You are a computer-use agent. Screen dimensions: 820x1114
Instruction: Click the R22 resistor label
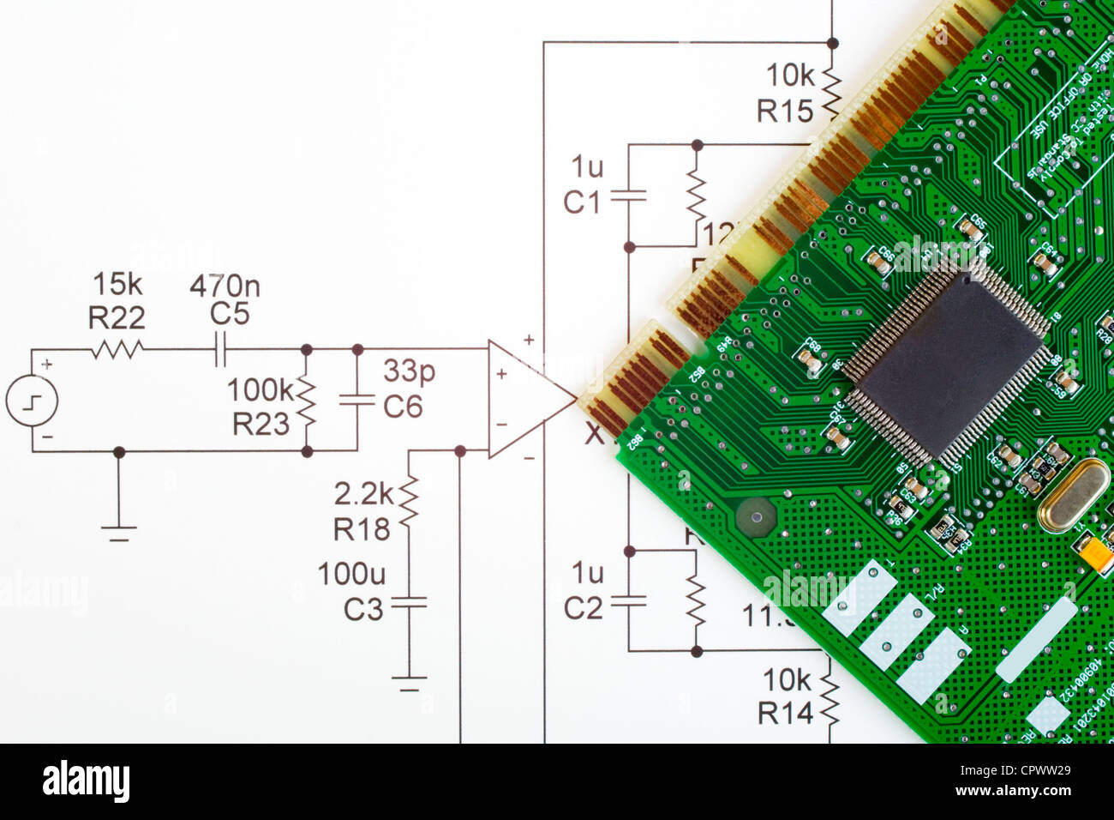coord(117,318)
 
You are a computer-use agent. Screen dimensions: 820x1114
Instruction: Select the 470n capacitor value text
coord(225,286)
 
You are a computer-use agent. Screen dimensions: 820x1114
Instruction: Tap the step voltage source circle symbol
coord(32,401)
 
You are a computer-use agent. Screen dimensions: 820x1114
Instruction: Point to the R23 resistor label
coord(261,424)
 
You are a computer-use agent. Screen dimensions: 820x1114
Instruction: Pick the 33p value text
coord(409,371)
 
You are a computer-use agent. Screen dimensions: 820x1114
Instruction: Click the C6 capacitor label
coord(403,407)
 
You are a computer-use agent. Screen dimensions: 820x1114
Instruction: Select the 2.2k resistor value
coord(363,494)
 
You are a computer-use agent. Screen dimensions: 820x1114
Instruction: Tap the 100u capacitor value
coord(351,574)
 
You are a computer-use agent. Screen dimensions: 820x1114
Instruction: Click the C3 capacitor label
coord(363,610)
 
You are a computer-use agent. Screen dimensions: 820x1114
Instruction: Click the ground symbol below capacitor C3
coord(409,683)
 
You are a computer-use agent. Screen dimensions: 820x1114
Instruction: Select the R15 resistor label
coord(784,112)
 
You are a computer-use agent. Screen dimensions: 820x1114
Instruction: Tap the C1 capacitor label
coord(582,202)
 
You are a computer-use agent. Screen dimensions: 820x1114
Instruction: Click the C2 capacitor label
coord(583,608)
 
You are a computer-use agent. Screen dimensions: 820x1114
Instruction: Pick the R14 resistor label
coord(785,714)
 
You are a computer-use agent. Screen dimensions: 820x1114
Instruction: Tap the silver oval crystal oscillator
coord(1073,495)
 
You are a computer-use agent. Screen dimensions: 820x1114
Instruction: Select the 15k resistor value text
coord(117,283)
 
